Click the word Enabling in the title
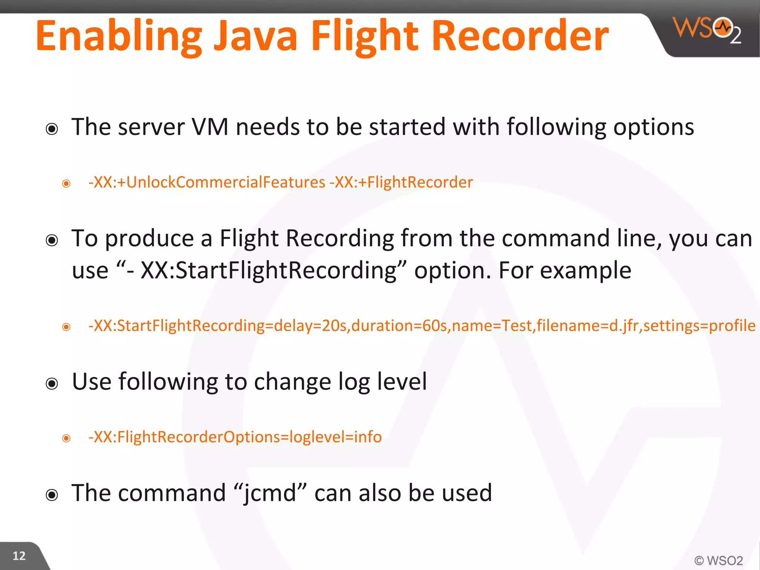click(119, 36)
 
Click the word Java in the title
click(256, 36)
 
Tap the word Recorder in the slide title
click(520, 36)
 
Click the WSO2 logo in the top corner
click(707, 30)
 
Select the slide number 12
click(19, 556)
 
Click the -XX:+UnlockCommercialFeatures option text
click(207, 182)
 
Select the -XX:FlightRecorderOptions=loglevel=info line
click(235, 437)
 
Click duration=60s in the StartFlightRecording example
click(399, 325)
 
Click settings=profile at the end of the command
click(700, 325)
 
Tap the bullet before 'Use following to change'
click(52, 383)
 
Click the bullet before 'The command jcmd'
click(52, 495)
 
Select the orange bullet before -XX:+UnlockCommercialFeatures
click(66, 183)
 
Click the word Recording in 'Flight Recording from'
click(340, 238)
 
